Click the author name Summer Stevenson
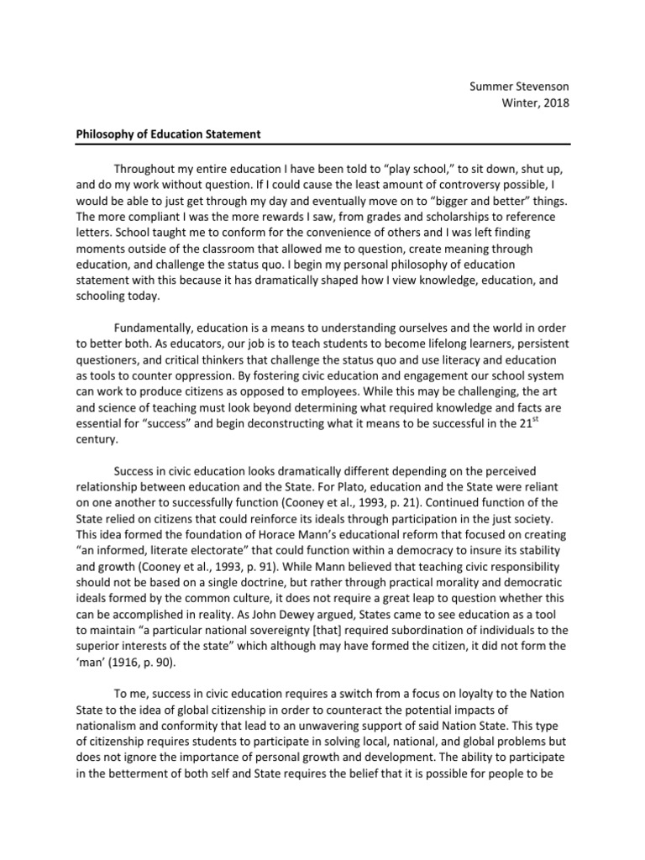[518, 86]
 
